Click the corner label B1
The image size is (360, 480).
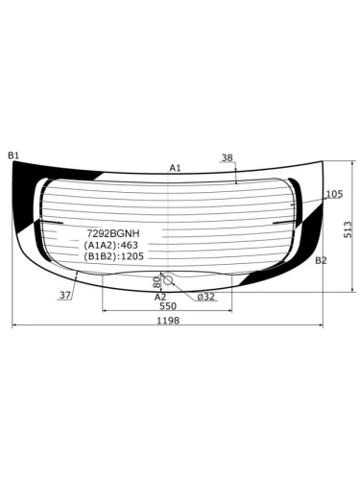13,156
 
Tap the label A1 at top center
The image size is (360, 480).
175,168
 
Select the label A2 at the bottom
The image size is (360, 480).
160,297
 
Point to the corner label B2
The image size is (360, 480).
321,260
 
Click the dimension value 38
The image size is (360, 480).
228,157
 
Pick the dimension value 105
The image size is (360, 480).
334,194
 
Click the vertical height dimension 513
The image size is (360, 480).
348,229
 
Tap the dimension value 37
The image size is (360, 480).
65,295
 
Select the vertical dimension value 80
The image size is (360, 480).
156,282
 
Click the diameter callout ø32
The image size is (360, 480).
206,297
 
